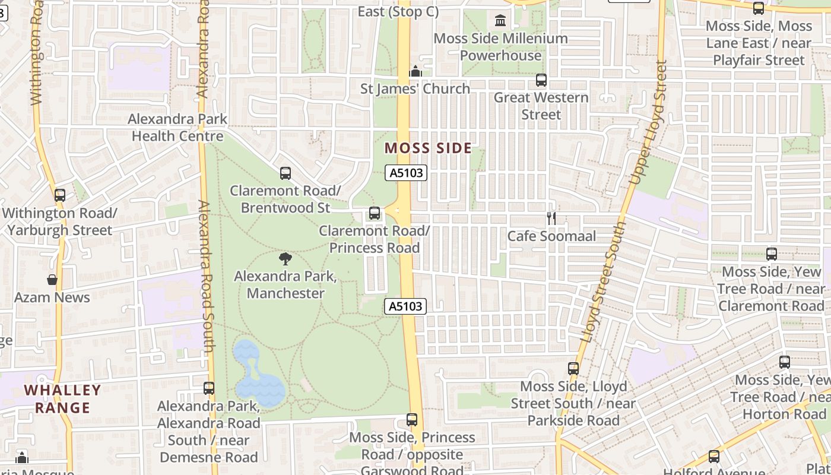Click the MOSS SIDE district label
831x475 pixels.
tap(428, 148)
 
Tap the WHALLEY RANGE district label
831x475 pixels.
tap(62, 399)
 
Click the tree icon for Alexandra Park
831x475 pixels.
tap(286, 258)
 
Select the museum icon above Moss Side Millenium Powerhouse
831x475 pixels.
tap(500, 21)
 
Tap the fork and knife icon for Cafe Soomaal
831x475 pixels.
tap(551, 218)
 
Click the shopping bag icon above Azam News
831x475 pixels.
tap(52, 279)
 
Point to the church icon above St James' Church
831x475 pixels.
tap(415, 71)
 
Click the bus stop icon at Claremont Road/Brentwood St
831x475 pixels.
tap(286, 173)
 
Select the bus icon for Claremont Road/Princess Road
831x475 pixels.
tap(375, 213)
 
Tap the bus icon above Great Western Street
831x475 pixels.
tap(541, 80)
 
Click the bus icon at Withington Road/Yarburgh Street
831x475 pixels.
tap(60, 195)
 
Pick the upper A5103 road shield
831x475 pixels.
tap(407, 173)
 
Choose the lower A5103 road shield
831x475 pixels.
tap(407, 306)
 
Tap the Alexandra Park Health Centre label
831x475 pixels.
tap(177, 128)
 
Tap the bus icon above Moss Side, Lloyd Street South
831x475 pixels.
tap(573, 369)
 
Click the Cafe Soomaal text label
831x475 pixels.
tap(551, 236)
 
